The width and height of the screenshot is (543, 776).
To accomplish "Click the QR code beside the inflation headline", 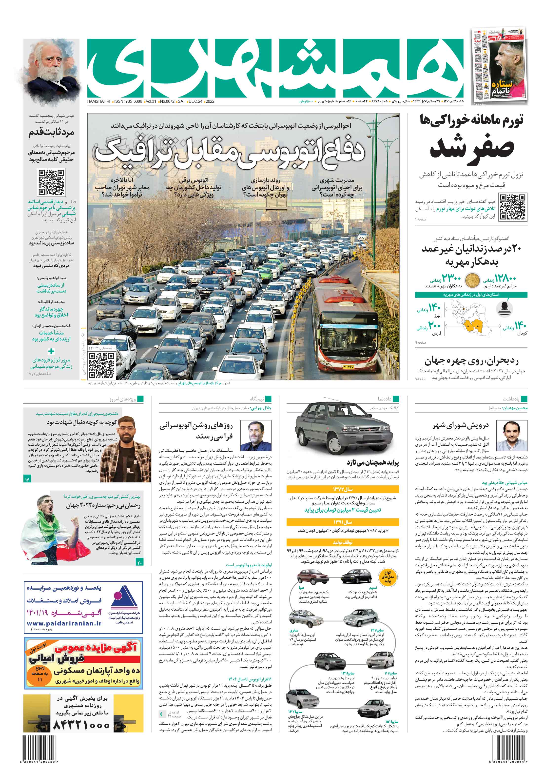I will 513,207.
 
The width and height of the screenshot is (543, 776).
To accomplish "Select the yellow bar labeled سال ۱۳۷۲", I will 343,489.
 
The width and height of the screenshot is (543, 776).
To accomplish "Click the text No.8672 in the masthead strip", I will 167,101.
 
